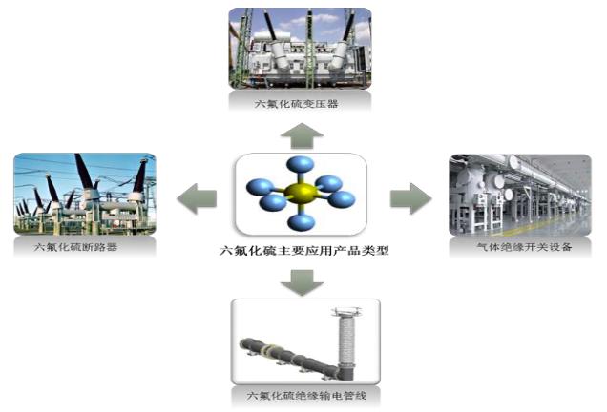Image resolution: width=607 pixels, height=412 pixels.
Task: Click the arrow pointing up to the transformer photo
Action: click(303, 133)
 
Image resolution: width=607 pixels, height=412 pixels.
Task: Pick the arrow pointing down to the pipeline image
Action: click(303, 282)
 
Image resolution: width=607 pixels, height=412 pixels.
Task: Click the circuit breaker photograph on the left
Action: click(85, 195)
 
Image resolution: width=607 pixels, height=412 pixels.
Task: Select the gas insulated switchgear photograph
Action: click(519, 195)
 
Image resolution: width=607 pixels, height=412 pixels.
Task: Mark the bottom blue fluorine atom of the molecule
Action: click(303, 223)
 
